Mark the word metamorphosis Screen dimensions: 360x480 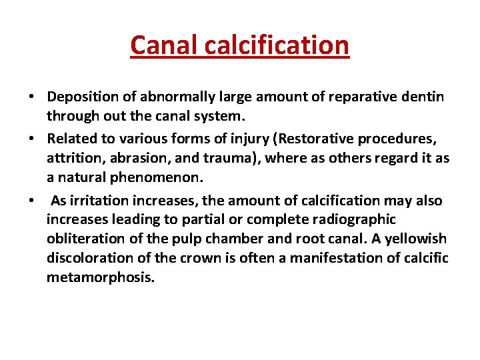[101, 277]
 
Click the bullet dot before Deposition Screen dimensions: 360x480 [32, 98]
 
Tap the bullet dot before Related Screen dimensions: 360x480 [32, 141]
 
